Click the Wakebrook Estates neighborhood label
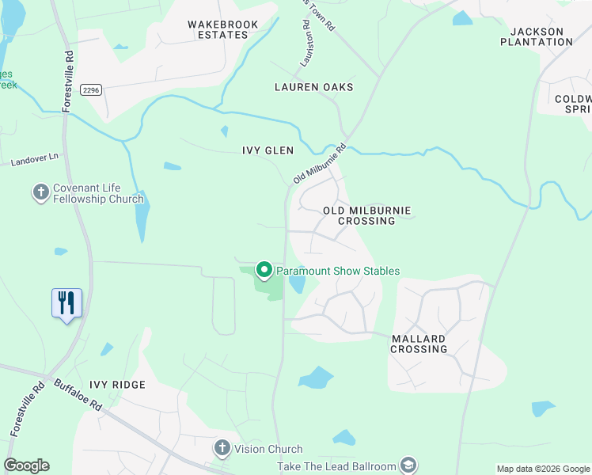[x=223, y=29]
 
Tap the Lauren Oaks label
[x=313, y=86]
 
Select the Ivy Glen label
[x=268, y=150]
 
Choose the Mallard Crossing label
[x=419, y=344]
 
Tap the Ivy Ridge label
[x=117, y=385]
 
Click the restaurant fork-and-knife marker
[x=66, y=302]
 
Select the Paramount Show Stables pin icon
[x=264, y=271]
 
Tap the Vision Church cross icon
[x=222, y=449]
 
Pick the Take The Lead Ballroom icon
[x=408, y=465]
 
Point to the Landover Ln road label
[x=35, y=161]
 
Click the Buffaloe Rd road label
[x=78, y=393]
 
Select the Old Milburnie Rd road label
[x=320, y=164]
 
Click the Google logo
[x=26, y=465]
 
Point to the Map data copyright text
[x=542, y=469]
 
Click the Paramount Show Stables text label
[x=338, y=271]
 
